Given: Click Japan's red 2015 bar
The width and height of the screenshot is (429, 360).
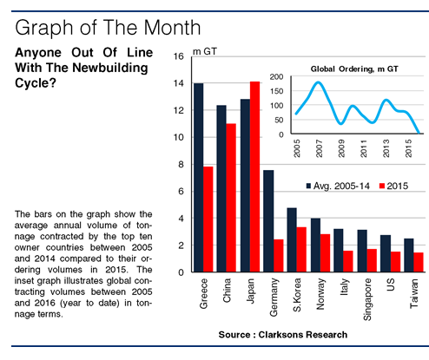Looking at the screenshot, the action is coord(254,177).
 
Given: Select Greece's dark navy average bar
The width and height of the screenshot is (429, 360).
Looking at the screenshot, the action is coord(199,178).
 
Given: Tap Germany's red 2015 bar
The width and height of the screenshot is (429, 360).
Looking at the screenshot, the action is coord(279,256).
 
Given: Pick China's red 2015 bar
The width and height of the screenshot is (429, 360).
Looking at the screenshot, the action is coord(231,198).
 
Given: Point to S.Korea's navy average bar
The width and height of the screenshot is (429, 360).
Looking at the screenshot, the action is coord(292,240).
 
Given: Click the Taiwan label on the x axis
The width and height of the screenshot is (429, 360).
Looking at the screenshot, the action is coord(414,293).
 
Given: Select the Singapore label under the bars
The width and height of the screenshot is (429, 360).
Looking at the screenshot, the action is coord(367,299).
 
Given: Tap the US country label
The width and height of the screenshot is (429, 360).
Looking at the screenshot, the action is coord(391,285).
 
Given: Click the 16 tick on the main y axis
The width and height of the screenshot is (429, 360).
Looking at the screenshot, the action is coord(179,56).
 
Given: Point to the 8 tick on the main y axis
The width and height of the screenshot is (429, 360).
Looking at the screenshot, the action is coord(181,164).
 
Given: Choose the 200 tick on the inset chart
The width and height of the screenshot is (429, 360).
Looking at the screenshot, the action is coord(276,76).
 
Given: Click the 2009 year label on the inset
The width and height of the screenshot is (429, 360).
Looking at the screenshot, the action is coord(341,148).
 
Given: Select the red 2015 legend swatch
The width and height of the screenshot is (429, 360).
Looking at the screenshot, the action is coord(382,186).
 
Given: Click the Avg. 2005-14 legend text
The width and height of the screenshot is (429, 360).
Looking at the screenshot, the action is coord(341,186).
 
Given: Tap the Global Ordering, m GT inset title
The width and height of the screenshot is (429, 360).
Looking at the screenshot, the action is coord(354,69).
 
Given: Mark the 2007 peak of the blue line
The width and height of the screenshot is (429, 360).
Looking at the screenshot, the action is coord(319,82).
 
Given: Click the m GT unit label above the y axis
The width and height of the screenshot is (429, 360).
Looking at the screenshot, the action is coord(205,51).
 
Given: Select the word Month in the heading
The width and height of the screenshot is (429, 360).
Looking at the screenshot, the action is coord(172,28).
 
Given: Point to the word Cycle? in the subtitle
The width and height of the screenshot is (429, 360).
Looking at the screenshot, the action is coord(35,83).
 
